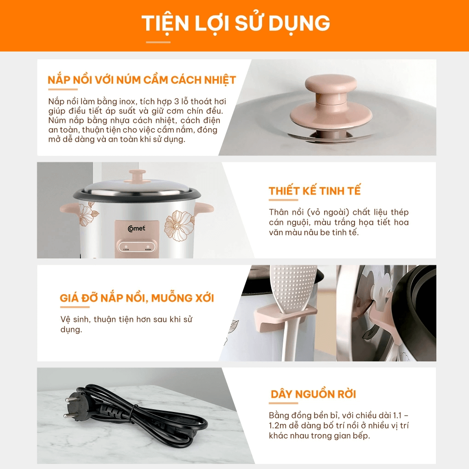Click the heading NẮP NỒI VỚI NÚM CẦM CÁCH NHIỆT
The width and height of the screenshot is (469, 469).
pos(142,80)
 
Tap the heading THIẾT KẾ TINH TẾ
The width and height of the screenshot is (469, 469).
pos(315,191)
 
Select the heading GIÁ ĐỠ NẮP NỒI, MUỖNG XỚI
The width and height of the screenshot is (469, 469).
pos(137,298)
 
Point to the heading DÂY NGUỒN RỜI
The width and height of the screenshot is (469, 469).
pos(313,394)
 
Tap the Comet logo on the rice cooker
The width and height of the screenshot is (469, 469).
pos(137,228)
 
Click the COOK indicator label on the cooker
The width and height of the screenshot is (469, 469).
pos(126,250)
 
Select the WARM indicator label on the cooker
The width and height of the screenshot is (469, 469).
pos(148,250)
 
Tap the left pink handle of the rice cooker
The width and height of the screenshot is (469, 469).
pos(69,210)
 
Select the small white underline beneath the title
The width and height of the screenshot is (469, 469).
pos(158,42)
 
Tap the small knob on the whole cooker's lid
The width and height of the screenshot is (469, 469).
pos(137,175)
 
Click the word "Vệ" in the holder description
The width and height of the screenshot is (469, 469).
pos(65,320)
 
